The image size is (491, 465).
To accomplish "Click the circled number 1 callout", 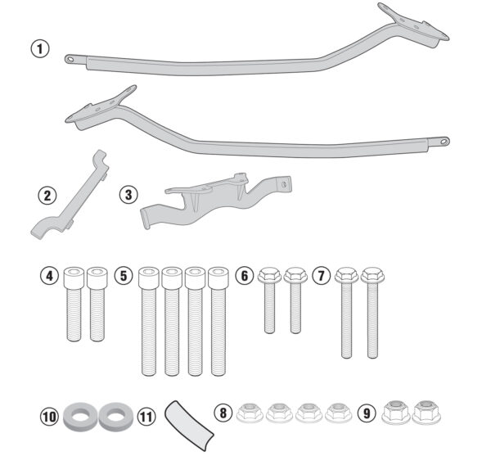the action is coord(40,49).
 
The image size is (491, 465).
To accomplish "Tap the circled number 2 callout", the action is coord(47,196).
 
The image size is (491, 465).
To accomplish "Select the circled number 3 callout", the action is coord(128,195).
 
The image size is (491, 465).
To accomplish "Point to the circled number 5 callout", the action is coord(124,276).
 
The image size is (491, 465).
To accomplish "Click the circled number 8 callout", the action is coord(223,413).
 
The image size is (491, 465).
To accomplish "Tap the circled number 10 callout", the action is coord(49,417).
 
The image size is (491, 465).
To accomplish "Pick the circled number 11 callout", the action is coord(146,417).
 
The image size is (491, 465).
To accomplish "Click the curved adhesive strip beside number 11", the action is coord(189,425).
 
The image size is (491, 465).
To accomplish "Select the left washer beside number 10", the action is coord(81,416).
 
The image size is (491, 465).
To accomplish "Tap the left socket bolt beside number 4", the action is coord(74,304).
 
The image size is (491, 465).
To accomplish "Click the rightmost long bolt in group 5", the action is coord(218,321).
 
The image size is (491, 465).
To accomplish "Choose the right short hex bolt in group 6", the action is coord(295,300).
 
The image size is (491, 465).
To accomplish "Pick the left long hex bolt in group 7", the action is coord(346,313).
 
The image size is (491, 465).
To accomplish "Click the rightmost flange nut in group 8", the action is coord(338,413).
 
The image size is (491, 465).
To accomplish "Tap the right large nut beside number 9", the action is coord(426,412).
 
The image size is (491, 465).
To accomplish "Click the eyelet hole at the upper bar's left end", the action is coord(70,59).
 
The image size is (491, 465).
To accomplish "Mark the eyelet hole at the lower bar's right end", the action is coord(444,142).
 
